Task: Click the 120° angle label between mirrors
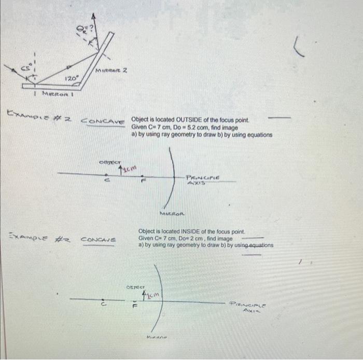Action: coord(71,78)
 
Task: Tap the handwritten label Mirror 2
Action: coord(111,70)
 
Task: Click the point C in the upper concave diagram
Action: coord(107,180)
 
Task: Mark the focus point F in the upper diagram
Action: coord(143,180)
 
